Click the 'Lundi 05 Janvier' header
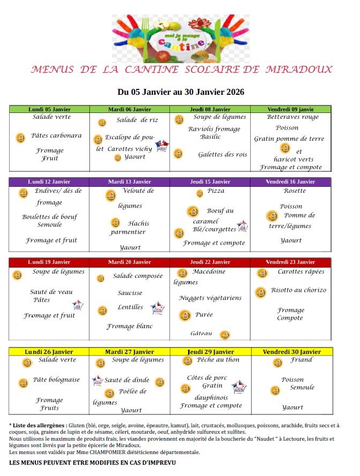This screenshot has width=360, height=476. coord(49,109)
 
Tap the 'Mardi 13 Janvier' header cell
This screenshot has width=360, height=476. coord(130,182)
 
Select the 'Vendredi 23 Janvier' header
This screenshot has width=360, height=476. coord(291,262)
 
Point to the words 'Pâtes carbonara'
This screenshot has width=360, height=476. coord(56,135)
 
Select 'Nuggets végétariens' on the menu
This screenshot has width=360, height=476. coord(210,298)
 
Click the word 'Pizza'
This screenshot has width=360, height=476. coord(216,191)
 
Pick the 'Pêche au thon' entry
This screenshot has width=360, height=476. coord(218,360)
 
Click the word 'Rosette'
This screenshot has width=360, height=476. coord(295,191)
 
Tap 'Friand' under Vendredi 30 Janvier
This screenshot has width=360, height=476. coord(301,360)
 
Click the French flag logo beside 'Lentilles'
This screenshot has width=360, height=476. coord(157,308)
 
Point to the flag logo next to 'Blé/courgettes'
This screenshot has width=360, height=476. coord(242,226)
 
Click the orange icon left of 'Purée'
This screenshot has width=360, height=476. coord(185,315)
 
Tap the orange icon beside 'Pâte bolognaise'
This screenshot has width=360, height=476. coord(23,383)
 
